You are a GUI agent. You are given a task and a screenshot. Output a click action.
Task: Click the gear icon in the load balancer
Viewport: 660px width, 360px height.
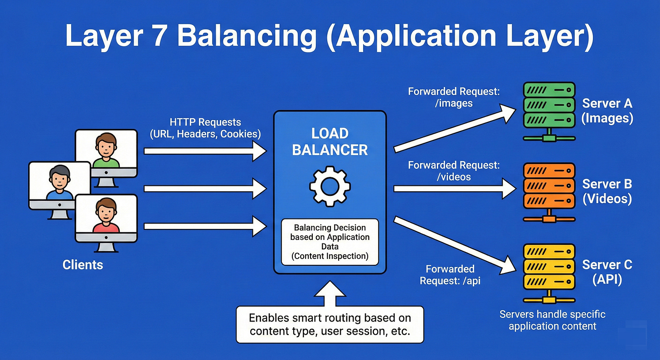coord(330,185)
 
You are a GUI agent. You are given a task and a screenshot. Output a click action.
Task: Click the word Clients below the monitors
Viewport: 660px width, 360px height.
coord(83,264)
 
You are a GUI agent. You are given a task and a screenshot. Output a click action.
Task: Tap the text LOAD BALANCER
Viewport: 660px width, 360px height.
coord(330,141)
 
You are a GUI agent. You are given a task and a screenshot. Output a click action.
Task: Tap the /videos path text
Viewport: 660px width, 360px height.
coord(454,177)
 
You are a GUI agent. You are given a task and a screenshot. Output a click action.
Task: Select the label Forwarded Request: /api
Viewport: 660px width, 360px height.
coord(450,275)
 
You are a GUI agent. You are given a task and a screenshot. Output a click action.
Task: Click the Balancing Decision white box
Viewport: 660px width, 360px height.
coord(330,242)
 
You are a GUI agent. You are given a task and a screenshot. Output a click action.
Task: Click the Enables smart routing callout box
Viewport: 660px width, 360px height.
coord(330,324)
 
